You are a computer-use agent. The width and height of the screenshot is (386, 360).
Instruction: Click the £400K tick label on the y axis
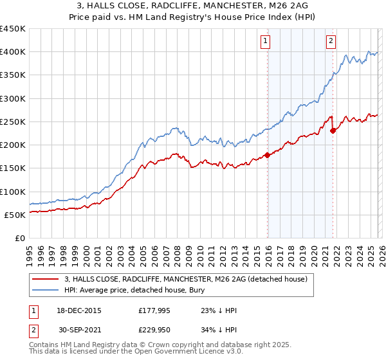pyautogui.click(x=12, y=52)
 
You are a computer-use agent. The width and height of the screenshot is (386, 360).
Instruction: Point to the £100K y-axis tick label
pyautogui.click(x=12, y=192)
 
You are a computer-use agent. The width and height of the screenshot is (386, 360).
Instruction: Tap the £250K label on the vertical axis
pyautogui.click(x=12, y=122)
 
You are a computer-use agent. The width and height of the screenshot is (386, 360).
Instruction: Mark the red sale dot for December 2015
pyautogui.click(x=267, y=155)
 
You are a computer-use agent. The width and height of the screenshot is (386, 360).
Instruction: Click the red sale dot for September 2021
pyautogui.click(x=333, y=130)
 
